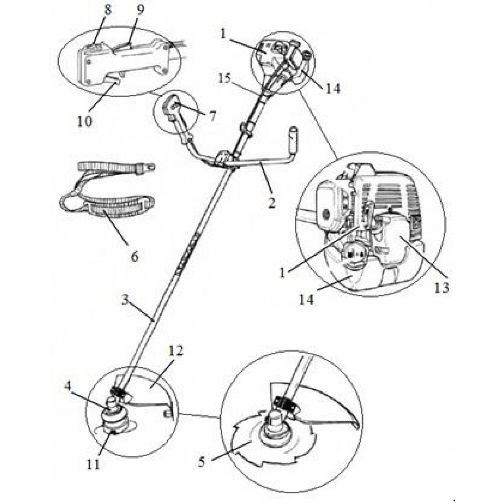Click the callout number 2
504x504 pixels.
point(272,203)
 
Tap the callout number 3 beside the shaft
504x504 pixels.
point(125,301)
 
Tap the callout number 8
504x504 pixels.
point(108,10)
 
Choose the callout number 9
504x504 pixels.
point(140,9)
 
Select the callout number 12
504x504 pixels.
point(175,351)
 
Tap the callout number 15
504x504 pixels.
point(225,78)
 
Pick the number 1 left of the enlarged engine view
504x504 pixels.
point(282,273)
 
